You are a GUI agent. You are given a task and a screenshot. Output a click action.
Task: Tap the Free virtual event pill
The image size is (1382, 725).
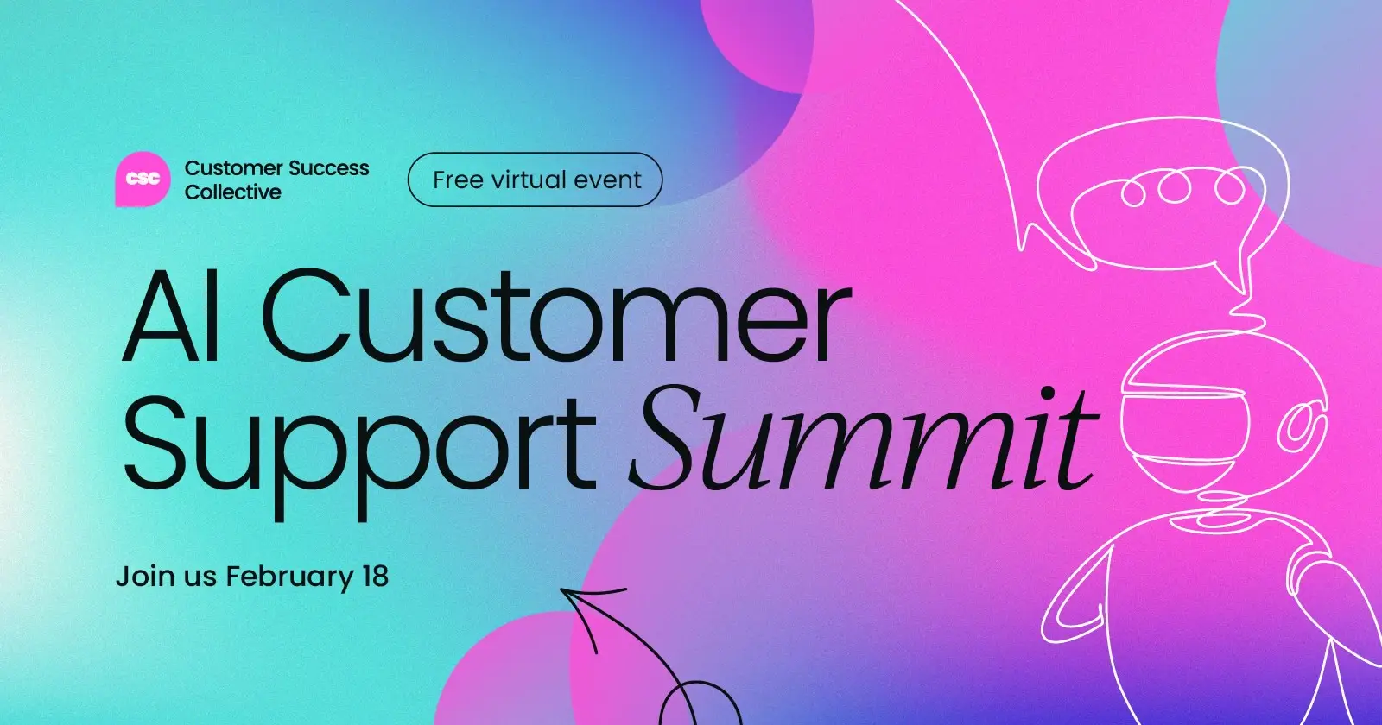click(x=535, y=180)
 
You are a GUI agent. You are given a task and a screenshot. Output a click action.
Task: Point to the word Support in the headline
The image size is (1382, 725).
click(x=358, y=440)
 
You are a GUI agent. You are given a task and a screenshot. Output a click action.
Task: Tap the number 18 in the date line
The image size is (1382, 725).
click(x=375, y=576)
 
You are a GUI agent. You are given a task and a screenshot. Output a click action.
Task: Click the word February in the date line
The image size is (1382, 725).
click(x=289, y=577)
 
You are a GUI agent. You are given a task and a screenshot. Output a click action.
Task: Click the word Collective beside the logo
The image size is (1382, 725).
click(x=233, y=192)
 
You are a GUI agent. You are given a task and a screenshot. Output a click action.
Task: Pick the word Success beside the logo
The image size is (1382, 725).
click(x=328, y=167)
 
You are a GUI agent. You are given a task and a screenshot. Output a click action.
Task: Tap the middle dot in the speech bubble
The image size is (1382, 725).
click(x=1175, y=187)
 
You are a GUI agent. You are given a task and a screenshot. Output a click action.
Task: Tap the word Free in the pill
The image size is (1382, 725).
click(x=458, y=180)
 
